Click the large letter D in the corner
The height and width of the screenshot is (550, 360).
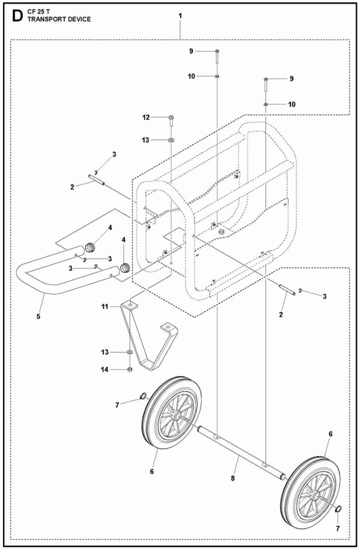(x=17, y=17)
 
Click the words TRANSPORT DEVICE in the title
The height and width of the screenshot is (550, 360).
(x=59, y=19)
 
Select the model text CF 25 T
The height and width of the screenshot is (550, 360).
(x=39, y=12)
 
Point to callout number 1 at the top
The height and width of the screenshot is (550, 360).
(x=180, y=16)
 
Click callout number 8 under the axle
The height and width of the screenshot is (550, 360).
(x=233, y=478)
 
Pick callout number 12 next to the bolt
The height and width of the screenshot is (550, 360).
(x=146, y=117)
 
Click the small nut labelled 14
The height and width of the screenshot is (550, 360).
(x=130, y=370)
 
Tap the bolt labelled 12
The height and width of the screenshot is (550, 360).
(x=171, y=120)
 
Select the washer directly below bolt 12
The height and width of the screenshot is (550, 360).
(x=171, y=140)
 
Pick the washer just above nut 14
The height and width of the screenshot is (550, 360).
(x=130, y=352)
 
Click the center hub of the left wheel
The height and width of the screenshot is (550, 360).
(x=177, y=416)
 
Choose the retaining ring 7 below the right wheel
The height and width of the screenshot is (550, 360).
(x=338, y=509)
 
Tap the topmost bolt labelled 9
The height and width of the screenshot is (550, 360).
(x=217, y=56)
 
